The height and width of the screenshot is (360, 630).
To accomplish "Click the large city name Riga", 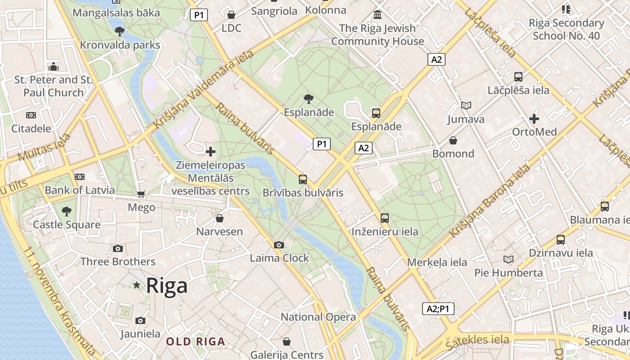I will pyautogui.click(x=167, y=286).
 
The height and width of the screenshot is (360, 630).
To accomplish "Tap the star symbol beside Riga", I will pyautogui.click(x=137, y=285).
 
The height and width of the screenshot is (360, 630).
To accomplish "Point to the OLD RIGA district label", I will pyautogui.click(x=195, y=342).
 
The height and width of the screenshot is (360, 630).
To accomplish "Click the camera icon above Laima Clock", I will pyautogui.click(x=279, y=245).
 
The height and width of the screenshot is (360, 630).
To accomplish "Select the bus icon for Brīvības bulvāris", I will pyautogui.click(x=303, y=180).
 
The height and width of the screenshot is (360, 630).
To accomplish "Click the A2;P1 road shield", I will pyautogui.click(x=438, y=309).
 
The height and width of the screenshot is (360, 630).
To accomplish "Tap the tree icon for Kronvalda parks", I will pyautogui.click(x=120, y=31).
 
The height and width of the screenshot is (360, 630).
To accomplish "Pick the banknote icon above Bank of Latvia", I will pyautogui.click(x=80, y=177).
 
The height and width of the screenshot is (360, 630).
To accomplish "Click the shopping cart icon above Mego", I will pyautogui.click(x=141, y=194).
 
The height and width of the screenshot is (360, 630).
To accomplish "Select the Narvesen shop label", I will pyautogui.click(x=219, y=232).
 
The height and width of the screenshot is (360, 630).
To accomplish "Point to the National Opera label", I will pyautogui.click(x=318, y=317).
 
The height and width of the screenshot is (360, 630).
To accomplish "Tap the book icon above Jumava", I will pyautogui.click(x=466, y=106).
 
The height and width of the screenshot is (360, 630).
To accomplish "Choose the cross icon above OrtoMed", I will pyautogui.click(x=534, y=119).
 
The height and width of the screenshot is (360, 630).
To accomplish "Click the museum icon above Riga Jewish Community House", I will pyautogui.click(x=378, y=15).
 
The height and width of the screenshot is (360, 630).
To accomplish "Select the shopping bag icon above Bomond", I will pyautogui.click(x=453, y=140).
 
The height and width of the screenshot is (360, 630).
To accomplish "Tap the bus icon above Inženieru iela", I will pyautogui.click(x=385, y=218).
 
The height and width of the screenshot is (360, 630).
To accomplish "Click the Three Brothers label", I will pyautogui.click(x=118, y=261).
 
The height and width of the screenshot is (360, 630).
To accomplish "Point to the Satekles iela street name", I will pyautogui.click(x=477, y=342).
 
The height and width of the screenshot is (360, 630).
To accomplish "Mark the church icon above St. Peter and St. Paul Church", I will pyautogui.click(x=54, y=67).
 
